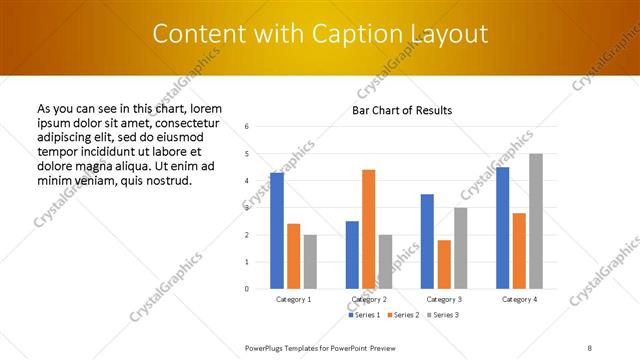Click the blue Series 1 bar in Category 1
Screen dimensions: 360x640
(277, 231)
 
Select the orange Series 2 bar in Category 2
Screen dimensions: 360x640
(368, 229)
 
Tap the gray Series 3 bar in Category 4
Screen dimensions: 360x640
(536, 221)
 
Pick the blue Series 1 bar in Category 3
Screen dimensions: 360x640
(427, 241)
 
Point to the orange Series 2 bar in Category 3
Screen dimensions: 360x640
(444, 264)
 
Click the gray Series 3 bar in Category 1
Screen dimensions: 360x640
(310, 262)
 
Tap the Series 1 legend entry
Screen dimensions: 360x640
(363, 315)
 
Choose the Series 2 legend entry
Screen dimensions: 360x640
(402, 315)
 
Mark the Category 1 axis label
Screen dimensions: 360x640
(294, 299)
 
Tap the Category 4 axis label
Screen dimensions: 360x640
(519, 299)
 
